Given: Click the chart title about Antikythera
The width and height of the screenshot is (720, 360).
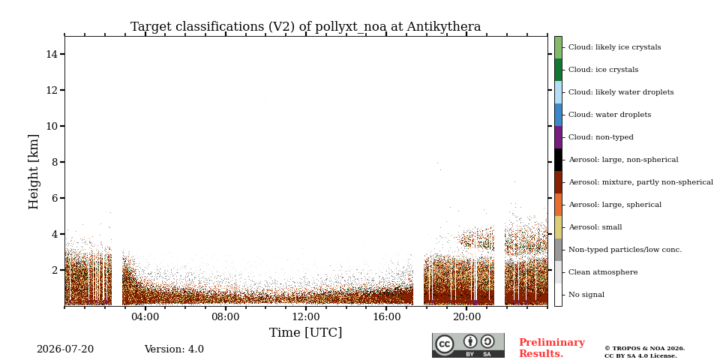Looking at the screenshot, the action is pos(305,27).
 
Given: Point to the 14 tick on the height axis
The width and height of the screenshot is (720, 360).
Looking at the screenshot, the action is pos(62,54).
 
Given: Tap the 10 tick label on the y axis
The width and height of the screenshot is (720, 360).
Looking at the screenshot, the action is pos(52,126).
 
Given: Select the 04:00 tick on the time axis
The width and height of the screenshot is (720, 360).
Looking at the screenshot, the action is pos(145,308).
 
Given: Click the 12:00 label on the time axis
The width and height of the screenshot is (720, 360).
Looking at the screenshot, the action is pos(306,316).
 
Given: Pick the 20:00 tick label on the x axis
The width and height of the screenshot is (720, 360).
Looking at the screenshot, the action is pos(466,316).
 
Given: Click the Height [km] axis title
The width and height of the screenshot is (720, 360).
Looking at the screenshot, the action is pos(34,172).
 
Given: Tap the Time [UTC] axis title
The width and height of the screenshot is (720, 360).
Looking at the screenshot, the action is pos(305,332).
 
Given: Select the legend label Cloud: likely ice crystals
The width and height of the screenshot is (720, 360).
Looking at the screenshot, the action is pos(615,47).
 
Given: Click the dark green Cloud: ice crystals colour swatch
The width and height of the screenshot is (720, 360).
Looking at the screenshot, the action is pos(558,70).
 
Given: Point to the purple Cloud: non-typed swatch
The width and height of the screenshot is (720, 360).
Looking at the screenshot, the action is pos(558,137).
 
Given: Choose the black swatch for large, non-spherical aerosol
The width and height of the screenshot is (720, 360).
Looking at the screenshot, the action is pos(558,160).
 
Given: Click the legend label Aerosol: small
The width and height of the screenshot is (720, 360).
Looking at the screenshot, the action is pos(595,227).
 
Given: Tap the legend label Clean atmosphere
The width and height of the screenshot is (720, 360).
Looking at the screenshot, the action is pos(603,272).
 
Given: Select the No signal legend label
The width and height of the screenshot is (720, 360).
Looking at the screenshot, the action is pos(586,295).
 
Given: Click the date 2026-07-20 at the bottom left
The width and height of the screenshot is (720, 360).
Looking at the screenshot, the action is pos(65,349).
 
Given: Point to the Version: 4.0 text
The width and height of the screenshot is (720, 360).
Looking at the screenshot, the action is pos(174,349).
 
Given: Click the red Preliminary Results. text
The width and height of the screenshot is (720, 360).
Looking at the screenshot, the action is pos(552,348).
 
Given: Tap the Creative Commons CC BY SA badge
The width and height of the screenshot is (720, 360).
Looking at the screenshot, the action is pos(468,345).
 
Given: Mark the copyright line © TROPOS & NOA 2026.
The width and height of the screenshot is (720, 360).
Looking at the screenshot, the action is pos(644,349).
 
